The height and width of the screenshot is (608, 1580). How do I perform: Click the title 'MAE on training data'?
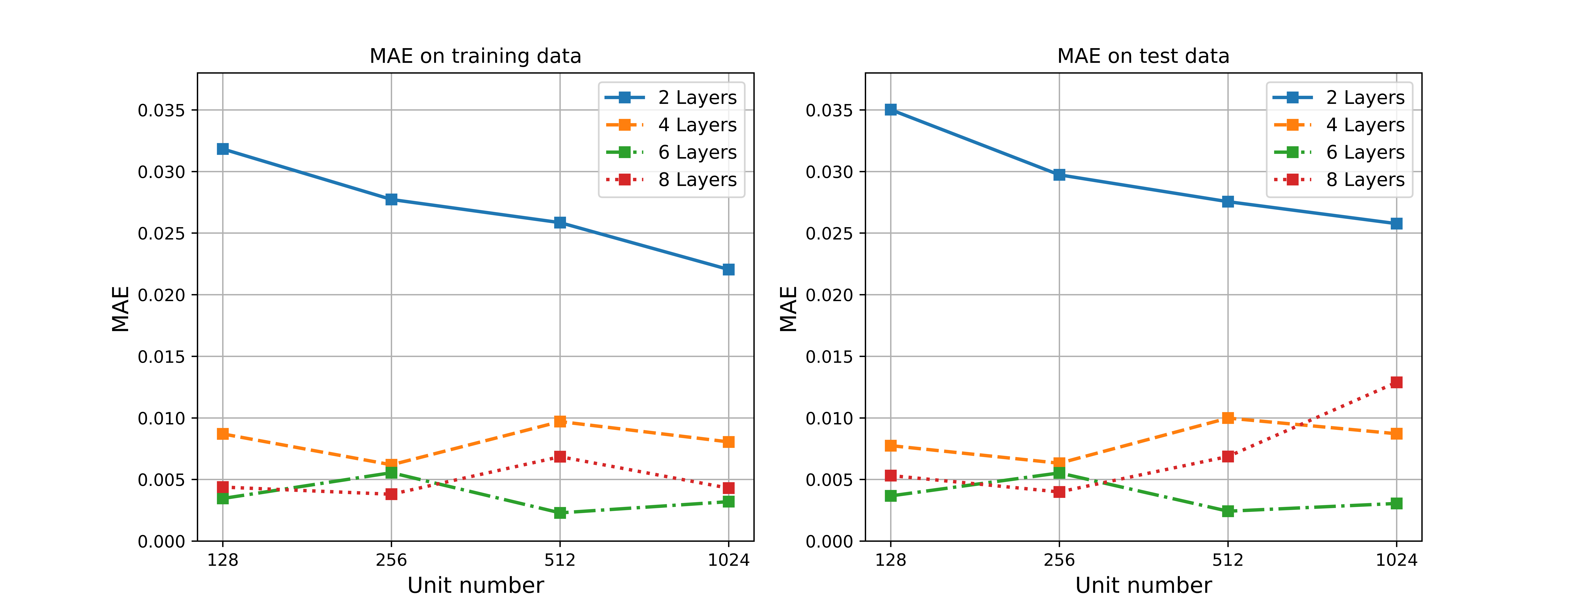pyautogui.click(x=475, y=56)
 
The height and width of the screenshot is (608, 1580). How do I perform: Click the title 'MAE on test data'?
pyautogui.click(x=1143, y=56)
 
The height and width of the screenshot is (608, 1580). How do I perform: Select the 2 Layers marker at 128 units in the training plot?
pyautogui.click(x=223, y=149)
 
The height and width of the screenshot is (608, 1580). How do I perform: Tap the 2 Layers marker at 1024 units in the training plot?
pyautogui.click(x=728, y=269)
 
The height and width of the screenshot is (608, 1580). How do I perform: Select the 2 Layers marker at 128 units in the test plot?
pyautogui.click(x=891, y=110)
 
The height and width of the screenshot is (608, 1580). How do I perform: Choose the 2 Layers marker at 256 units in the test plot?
pyautogui.click(x=1059, y=175)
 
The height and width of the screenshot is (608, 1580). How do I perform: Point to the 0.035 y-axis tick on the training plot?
pyautogui.click(x=161, y=110)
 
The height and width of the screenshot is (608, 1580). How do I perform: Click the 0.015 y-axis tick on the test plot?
pyautogui.click(x=829, y=357)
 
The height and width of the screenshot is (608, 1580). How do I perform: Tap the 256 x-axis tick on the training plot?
pyautogui.click(x=391, y=560)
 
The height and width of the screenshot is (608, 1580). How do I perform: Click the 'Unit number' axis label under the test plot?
pyautogui.click(x=1143, y=585)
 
